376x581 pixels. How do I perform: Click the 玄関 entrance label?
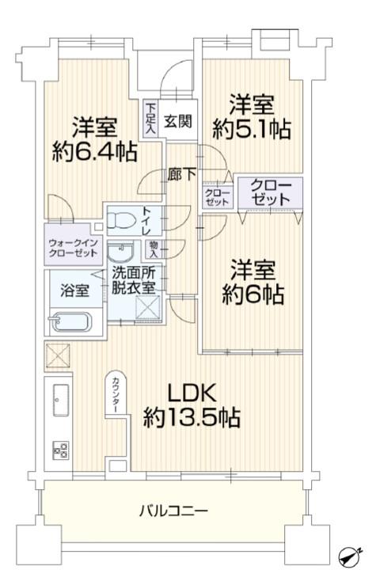tap(178, 121)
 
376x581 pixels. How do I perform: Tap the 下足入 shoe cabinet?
tap(150, 119)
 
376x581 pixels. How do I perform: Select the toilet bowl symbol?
tap(120, 222)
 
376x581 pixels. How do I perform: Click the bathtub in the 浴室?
tap(70, 322)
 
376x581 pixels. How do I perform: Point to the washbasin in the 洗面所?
tap(120, 252)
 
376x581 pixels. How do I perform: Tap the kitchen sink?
tap(61, 400)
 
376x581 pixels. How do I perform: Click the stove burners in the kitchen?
tap(60, 450)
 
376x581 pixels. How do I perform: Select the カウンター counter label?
tap(116, 395)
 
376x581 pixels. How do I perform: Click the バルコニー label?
tap(173, 511)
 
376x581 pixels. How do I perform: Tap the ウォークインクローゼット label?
tap(73, 249)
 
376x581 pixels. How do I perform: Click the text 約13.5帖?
tap(192, 418)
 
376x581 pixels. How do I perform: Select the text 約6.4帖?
tap(95, 151)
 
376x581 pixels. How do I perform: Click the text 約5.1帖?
tap(251, 129)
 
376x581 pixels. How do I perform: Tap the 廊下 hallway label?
tap(181, 174)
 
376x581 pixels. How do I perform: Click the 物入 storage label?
tap(153, 249)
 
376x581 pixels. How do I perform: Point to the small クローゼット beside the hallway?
tap(217, 197)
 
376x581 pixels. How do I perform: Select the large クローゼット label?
tap(271, 192)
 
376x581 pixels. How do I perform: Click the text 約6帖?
tap(253, 294)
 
